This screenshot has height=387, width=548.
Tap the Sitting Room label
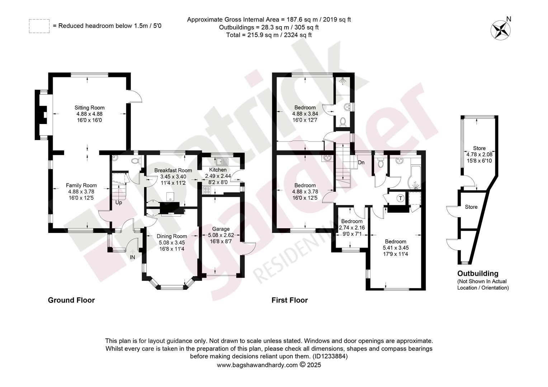[90, 107]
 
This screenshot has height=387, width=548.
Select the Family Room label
[81, 185]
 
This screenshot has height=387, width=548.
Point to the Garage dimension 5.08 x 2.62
[221, 235]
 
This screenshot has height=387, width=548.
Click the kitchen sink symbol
[222, 161]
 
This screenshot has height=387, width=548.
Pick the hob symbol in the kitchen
[207, 190]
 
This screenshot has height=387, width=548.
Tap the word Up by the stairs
[119, 203]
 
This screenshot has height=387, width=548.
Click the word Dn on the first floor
[361, 162]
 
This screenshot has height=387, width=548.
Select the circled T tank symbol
[401, 198]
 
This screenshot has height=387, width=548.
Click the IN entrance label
[132, 257]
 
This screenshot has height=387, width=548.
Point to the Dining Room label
[172, 236]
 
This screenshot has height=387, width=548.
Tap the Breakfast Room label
[173, 171]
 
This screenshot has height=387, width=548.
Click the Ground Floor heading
[71, 300]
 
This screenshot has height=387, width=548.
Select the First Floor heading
[290, 300]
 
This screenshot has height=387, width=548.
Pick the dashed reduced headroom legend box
[39, 26]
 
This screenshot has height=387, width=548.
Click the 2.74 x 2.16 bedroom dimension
[352, 228]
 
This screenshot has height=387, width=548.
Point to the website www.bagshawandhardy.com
[258, 365]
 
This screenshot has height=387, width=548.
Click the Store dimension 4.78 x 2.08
[479, 154]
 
